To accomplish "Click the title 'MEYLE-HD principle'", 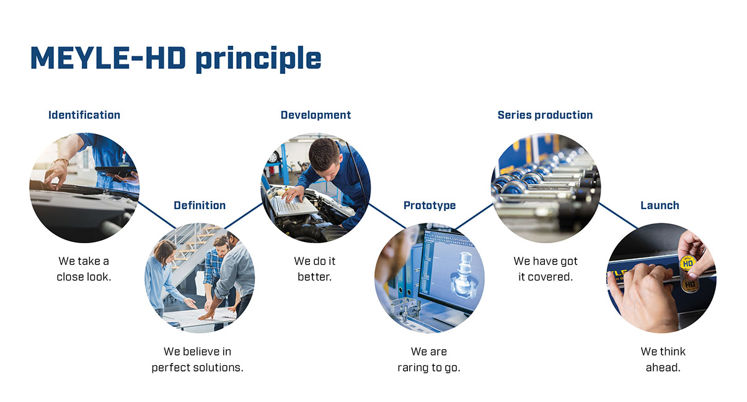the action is coord(175,59).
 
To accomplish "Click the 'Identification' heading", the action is coord(84,115).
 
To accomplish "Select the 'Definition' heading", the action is coord(200,205).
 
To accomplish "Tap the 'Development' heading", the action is coord(316,115).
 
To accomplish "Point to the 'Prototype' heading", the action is coord(430,205).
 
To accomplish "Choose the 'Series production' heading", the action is coord(546,115).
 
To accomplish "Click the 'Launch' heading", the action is coord(660,205).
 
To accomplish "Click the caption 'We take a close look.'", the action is coord(84,269).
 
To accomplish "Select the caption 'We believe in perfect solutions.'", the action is coord(197,360).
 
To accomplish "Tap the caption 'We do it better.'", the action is coord(315,269).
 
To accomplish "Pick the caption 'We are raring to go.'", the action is coord(429,360).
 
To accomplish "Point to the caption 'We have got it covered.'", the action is coord(546,269).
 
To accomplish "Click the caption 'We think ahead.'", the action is coord(663,360).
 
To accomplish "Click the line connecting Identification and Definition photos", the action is coord(157,215).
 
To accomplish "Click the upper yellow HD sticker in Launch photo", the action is coord(688,263).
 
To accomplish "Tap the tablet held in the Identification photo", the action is coord(117,171).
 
